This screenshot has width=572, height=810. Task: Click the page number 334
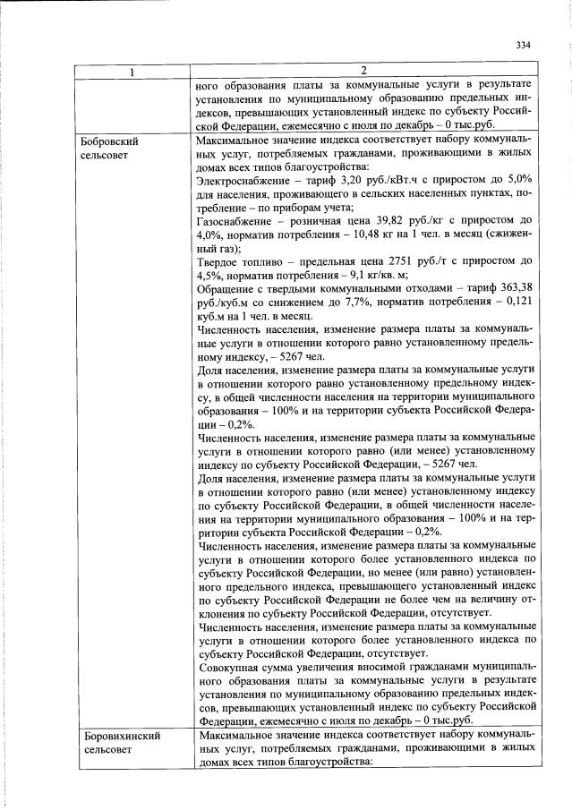point(524,46)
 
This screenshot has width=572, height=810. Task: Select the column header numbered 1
point(132,71)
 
